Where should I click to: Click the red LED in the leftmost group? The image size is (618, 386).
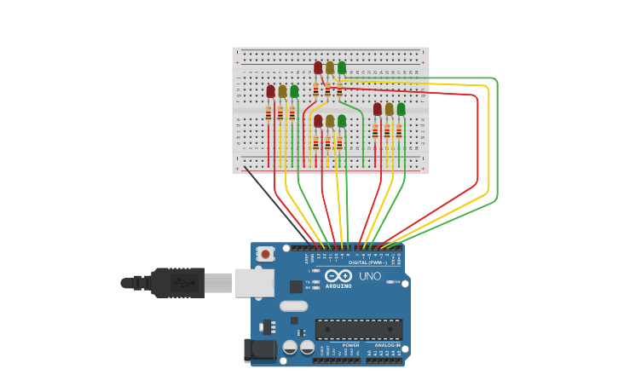[x=270, y=91]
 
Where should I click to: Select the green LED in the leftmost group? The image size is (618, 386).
[x=294, y=91]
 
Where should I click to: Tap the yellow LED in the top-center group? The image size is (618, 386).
[x=330, y=67]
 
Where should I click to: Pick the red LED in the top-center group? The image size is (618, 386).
[x=318, y=67]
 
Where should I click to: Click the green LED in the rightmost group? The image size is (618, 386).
[x=401, y=109]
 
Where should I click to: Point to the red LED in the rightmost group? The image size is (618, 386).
[x=378, y=109]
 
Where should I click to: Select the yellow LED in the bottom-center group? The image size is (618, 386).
[x=330, y=121]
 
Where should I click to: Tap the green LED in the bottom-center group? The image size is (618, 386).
[x=342, y=121]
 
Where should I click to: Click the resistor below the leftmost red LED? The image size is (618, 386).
[x=269, y=113]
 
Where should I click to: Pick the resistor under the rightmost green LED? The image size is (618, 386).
[x=398, y=131]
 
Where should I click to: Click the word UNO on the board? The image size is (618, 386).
[x=370, y=276]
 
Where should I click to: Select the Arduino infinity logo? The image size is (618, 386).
[x=338, y=275]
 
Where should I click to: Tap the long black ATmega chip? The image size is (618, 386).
[x=359, y=329]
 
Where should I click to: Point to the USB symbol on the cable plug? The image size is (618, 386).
[x=180, y=282]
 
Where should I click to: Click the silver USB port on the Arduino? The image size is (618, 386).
[x=254, y=282]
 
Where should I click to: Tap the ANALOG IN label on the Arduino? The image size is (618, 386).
[x=387, y=345]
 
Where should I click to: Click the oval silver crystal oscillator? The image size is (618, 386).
[x=293, y=306]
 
